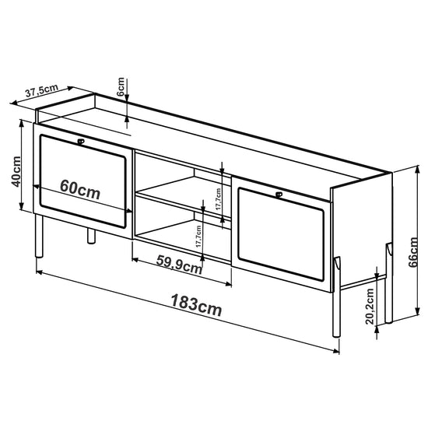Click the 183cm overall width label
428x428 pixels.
pos(196,305)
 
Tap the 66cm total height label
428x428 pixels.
pos(413,252)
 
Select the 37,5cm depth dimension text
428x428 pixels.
pos(41,90)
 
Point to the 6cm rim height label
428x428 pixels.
pos(121,87)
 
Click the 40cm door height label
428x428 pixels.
pos(16,172)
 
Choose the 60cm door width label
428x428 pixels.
pos(80,190)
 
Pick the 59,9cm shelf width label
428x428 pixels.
pos(179,265)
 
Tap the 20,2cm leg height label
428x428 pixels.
pos(370,307)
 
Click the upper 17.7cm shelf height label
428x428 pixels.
pos(218,199)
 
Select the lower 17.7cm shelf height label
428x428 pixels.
pos(198,237)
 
